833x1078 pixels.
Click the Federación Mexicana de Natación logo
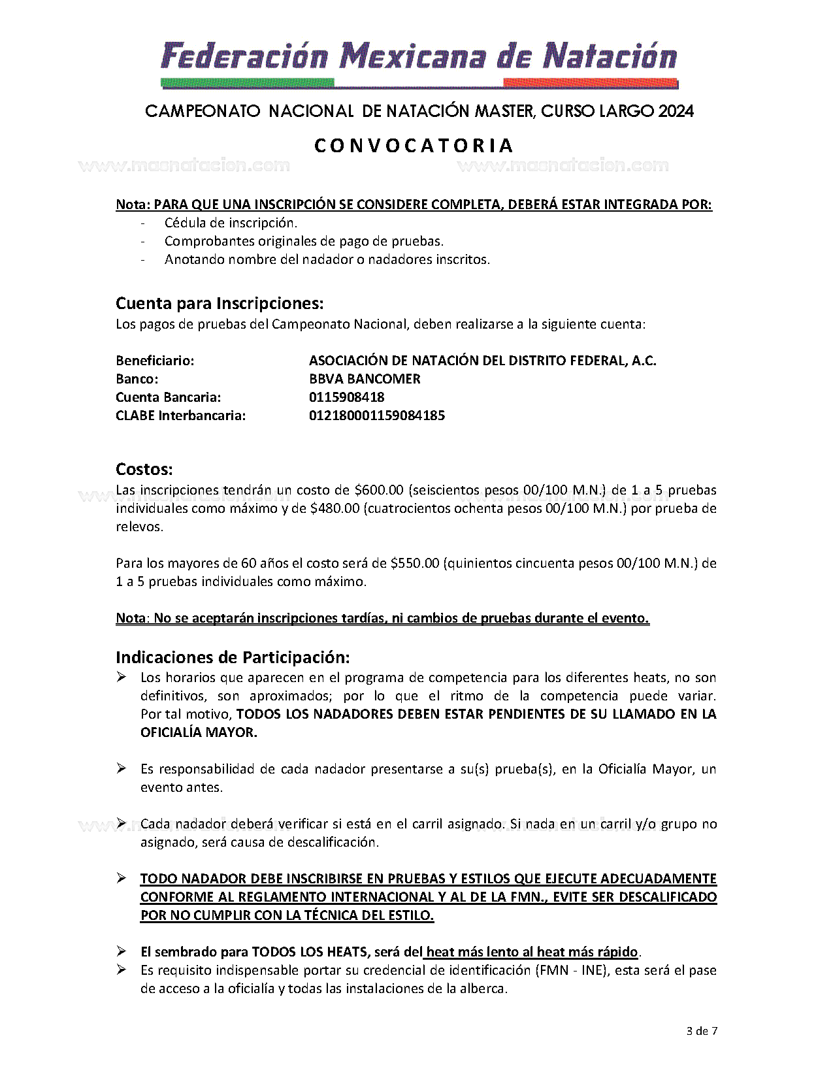(418, 62)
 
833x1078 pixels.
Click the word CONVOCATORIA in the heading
(414, 145)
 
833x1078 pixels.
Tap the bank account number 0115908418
(346, 397)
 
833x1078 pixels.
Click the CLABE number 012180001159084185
(376, 416)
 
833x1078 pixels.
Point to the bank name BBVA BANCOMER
(365, 379)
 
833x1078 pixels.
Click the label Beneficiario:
(155, 361)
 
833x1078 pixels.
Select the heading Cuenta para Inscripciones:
(220, 304)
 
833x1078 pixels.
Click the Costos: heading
(144, 469)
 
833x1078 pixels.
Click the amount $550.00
(415, 563)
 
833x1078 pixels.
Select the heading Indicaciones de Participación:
(233, 657)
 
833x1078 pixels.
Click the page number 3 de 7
(702, 1032)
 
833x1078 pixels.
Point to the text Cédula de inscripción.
(231, 223)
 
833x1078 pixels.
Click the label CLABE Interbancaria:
(180, 416)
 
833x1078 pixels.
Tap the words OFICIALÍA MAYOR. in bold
(199, 732)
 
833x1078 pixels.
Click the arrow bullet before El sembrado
(122, 951)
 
